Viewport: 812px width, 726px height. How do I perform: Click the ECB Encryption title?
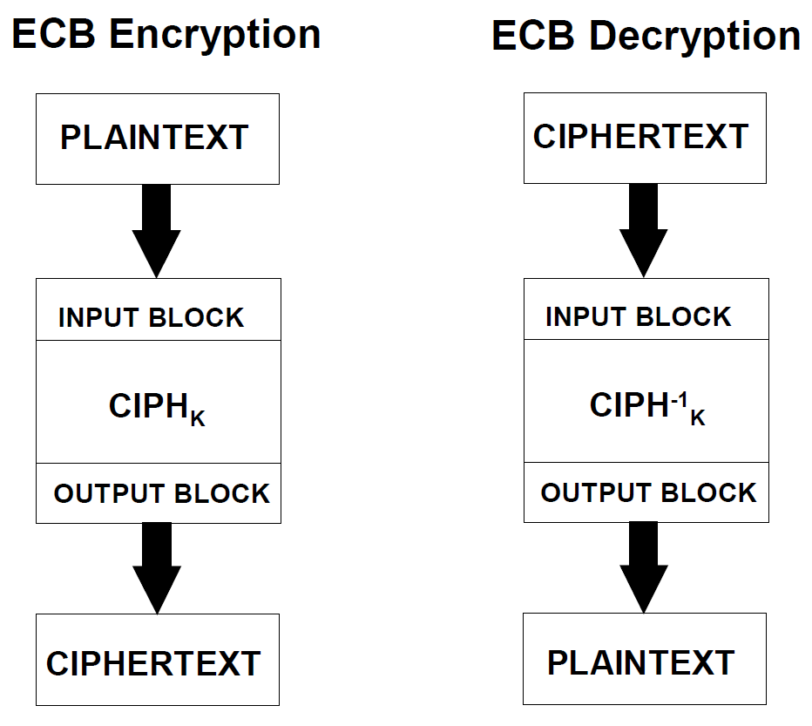click(166, 35)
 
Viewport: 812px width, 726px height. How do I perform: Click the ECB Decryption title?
click(646, 37)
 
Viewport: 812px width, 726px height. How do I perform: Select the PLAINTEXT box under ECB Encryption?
click(158, 139)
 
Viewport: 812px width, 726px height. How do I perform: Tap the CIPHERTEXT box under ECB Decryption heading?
click(645, 139)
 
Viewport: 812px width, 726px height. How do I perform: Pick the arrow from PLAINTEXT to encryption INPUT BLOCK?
click(157, 231)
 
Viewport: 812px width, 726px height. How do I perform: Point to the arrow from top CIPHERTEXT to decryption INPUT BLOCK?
click(644, 231)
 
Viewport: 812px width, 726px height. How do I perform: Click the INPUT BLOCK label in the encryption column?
click(151, 317)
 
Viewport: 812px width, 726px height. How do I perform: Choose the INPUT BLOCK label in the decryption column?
click(639, 316)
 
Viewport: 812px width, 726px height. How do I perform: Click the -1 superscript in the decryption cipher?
click(680, 399)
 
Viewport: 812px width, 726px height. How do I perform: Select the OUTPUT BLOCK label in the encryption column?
click(161, 493)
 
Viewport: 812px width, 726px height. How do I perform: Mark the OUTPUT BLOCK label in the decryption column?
click(648, 492)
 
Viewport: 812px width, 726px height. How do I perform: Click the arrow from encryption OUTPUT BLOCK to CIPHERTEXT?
click(157, 568)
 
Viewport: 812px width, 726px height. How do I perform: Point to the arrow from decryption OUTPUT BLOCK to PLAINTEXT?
click(644, 567)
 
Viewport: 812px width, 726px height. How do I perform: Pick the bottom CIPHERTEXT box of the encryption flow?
click(158, 660)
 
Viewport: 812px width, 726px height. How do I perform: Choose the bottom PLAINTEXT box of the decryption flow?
click(645, 659)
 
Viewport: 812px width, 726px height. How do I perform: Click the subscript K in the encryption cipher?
click(198, 418)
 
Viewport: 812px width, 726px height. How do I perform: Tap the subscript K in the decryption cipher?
click(698, 417)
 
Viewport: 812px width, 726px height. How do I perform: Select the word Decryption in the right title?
click(695, 37)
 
